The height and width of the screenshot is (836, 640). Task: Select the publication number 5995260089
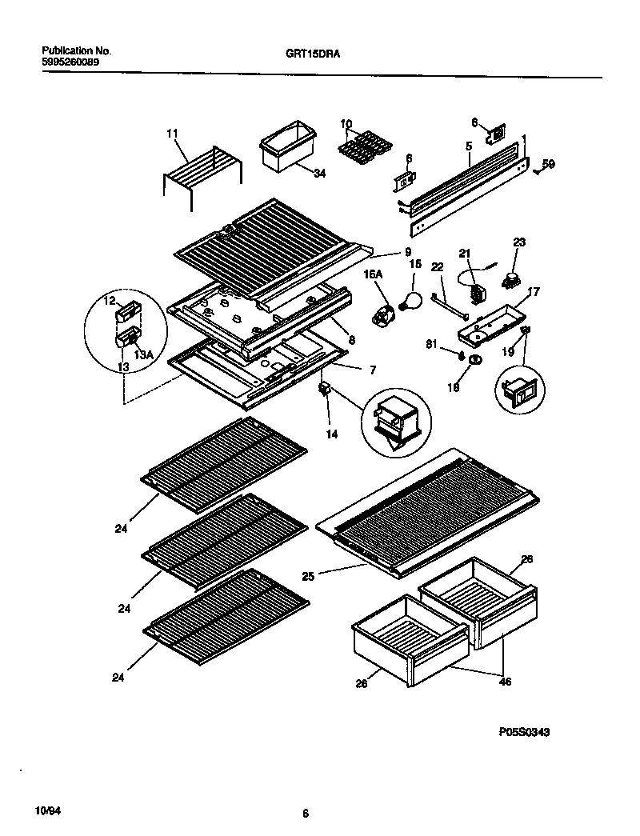tap(70, 61)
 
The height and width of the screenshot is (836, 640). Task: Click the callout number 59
tap(549, 164)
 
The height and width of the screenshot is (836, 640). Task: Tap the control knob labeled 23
tap(510, 278)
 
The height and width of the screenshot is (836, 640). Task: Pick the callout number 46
tap(505, 682)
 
